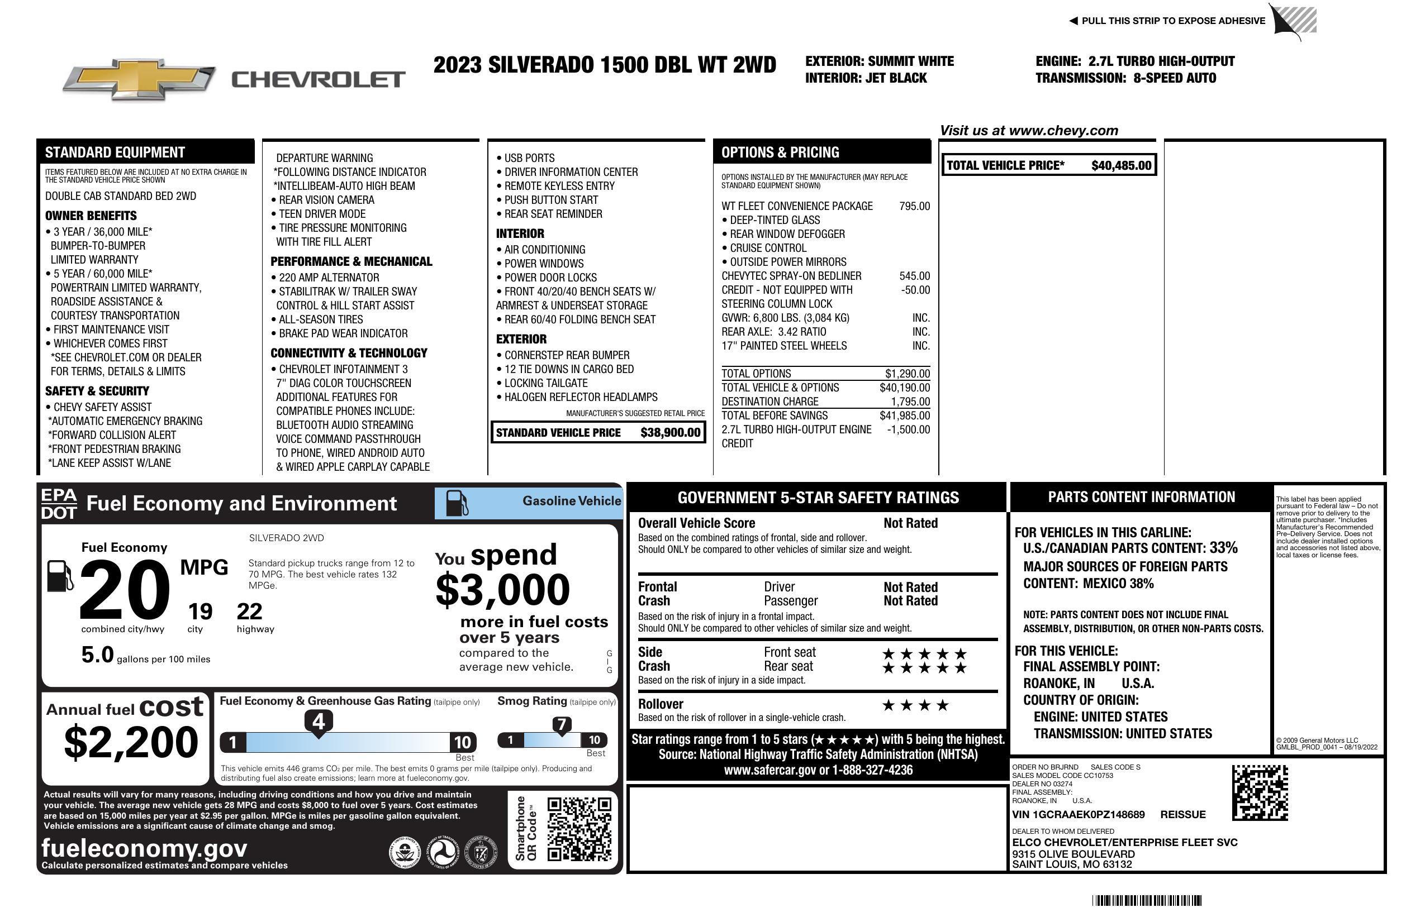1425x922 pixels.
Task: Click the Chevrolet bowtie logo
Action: [139, 79]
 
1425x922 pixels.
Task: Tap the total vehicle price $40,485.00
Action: [1120, 166]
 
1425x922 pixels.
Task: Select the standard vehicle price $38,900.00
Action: [669, 433]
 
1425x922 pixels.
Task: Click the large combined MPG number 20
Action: [125, 590]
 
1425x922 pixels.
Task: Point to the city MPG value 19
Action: [200, 612]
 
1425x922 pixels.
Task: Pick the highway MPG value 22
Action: [249, 612]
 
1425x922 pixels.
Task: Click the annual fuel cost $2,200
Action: [131, 743]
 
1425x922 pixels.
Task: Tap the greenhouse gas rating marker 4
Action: [319, 722]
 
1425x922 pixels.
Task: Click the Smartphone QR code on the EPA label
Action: [579, 829]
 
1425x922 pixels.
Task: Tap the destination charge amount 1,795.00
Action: [910, 402]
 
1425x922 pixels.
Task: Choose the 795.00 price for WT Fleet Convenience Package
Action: [914, 207]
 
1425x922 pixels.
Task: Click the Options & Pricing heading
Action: [780, 152]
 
